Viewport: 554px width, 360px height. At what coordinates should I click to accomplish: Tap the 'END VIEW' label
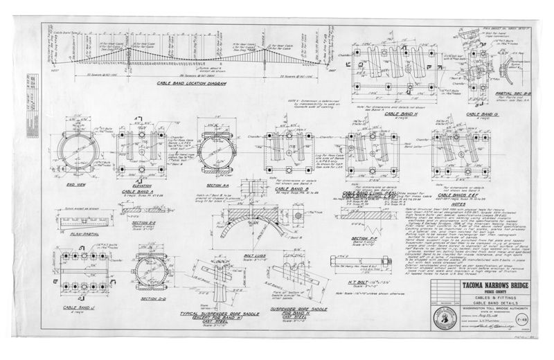[76, 185]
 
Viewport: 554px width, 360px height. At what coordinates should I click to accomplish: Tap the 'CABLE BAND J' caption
[78, 307]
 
